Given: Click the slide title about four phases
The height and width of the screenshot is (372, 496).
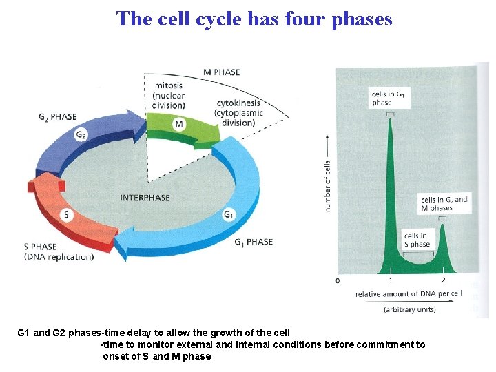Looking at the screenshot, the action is (x=254, y=19).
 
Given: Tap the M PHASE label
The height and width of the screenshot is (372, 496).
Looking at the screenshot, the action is (x=222, y=72).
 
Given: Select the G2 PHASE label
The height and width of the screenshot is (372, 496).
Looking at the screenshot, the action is (x=58, y=116).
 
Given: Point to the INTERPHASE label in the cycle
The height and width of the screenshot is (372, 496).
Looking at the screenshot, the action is (x=145, y=198).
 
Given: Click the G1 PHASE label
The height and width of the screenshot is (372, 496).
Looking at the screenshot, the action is (x=254, y=242).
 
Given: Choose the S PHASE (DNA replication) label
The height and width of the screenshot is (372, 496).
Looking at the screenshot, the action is (x=59, y=251).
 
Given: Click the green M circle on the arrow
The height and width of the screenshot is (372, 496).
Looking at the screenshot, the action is (x=179, y=124).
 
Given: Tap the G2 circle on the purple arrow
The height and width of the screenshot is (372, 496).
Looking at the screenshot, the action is (x=81, y=136).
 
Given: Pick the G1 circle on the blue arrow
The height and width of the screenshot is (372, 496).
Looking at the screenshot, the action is (x=227, y=215).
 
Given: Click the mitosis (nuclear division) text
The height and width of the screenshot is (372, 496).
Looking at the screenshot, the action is (x=169, y=95).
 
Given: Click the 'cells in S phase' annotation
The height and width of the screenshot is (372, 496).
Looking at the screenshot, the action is (x=417, y=240).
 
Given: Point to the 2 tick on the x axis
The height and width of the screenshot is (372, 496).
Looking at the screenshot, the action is (x=443, y=280).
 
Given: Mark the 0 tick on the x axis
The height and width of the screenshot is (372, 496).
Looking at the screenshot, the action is (x=338, y=280).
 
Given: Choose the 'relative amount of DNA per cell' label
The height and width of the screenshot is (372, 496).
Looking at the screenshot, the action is (x=409, y=294).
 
